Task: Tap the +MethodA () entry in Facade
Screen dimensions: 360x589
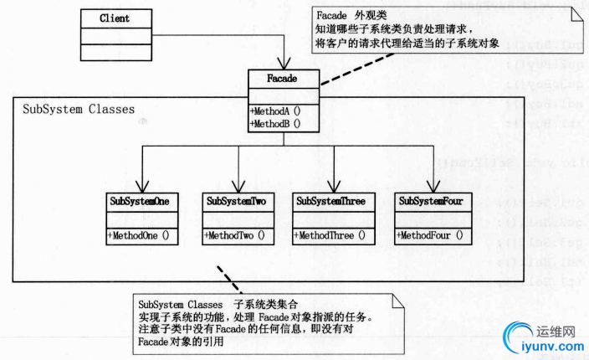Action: tap(275, 111)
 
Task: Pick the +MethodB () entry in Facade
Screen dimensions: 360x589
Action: tap(275, 123)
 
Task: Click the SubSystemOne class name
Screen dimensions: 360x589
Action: tap(140, 202)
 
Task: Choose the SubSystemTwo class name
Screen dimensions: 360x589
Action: tap(237, 202)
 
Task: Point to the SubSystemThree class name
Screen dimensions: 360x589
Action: tap(333, 202)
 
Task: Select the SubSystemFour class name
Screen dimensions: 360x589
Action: tap(431, 202)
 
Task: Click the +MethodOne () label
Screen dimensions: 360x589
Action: tap(139, 235)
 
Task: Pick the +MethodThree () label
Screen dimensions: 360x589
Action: tap(332, 235)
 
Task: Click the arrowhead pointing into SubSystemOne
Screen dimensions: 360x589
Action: tap(143, 188)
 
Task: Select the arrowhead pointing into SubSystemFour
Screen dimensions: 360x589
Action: tap(433, 188)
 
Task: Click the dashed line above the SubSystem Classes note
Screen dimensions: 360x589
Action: tap(224, 278)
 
